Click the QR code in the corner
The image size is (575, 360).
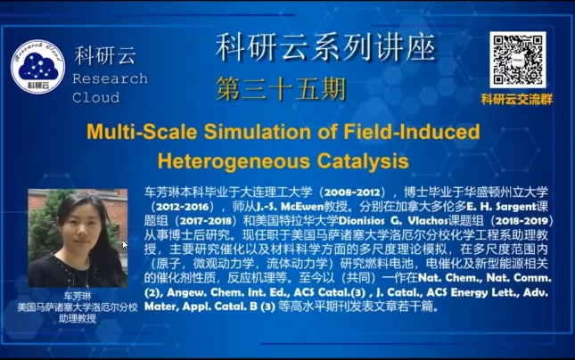click(x=517, y=61)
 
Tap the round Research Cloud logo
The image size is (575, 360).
click(x=37, y=67)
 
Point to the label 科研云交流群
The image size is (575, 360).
click(x=517, y=99)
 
